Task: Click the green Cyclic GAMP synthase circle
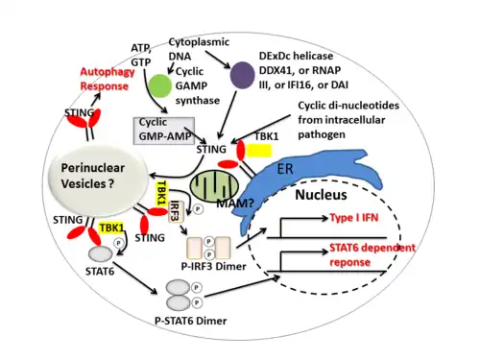pos(160,85)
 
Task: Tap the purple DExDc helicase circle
pos(243,75)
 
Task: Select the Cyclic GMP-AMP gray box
pos(164,131)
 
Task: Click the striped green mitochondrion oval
pos(214,187)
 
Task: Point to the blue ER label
pos(285,168)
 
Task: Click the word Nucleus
pos(321,195)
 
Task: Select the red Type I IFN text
pos(354,218)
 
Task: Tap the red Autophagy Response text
pos(108,79)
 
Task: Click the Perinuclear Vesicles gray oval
pos(98,181)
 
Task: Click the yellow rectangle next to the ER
pos(258,151)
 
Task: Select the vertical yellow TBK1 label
pos(161,193)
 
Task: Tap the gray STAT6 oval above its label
pos(100,254)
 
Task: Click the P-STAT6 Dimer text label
pos(191,321)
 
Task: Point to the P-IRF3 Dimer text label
pos(213,266)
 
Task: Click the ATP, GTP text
pos(141,55)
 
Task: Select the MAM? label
pos(235,204)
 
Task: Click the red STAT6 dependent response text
pos(372,254)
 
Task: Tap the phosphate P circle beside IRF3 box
pos(198,209)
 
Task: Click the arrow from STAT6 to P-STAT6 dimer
pos(135,278)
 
